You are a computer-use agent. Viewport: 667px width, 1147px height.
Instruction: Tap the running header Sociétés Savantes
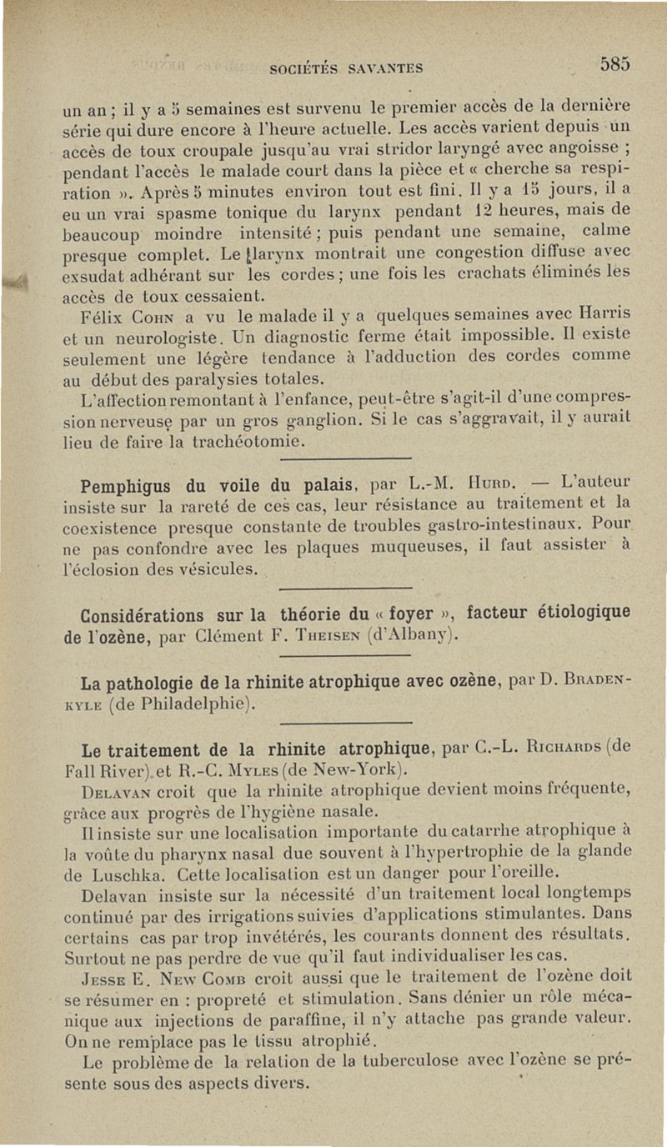[x=346, y=68]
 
